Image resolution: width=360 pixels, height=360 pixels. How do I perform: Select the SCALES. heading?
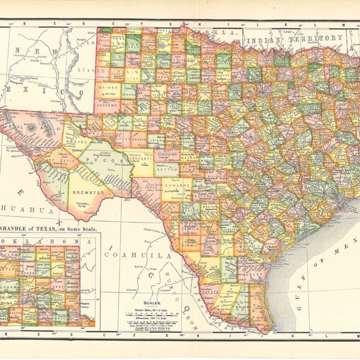point(152,303)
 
